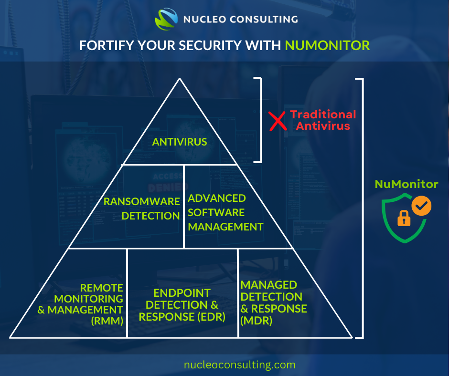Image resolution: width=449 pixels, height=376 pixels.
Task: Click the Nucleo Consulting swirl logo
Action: pos(166,19)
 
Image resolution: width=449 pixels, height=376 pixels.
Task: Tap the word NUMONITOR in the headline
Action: pos(327,45)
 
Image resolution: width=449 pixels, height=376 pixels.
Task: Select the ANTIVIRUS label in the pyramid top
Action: pos(180,142)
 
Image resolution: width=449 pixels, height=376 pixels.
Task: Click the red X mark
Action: pos(278,121)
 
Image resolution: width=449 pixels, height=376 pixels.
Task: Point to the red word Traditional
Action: pos(323,115)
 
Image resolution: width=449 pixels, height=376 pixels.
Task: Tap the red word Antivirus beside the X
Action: pos(323,126)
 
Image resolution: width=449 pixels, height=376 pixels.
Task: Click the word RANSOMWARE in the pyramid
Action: pos(141,201)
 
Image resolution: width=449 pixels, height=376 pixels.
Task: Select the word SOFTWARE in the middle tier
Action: pos(216,213)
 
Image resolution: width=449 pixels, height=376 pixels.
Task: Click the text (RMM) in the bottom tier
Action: pos(107,321)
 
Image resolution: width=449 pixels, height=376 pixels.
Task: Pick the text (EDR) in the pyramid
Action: pos(211,317)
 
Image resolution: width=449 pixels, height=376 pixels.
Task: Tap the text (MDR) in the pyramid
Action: pos(257,321)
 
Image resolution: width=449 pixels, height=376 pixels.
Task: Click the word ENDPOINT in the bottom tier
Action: pos(182,293)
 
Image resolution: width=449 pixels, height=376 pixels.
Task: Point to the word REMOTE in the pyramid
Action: pos(101,288)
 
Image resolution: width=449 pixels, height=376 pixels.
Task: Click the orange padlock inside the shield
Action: pos(404,218)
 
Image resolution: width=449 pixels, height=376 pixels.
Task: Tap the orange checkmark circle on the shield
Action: pos(421,206)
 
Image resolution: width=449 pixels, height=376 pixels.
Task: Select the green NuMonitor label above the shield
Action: pos(406,184)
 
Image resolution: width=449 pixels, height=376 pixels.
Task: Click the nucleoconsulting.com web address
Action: pos(240,365)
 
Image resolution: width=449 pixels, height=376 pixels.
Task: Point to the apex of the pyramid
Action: pos(180,78)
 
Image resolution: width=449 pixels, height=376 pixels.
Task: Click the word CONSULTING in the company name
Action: pos(264,19)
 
